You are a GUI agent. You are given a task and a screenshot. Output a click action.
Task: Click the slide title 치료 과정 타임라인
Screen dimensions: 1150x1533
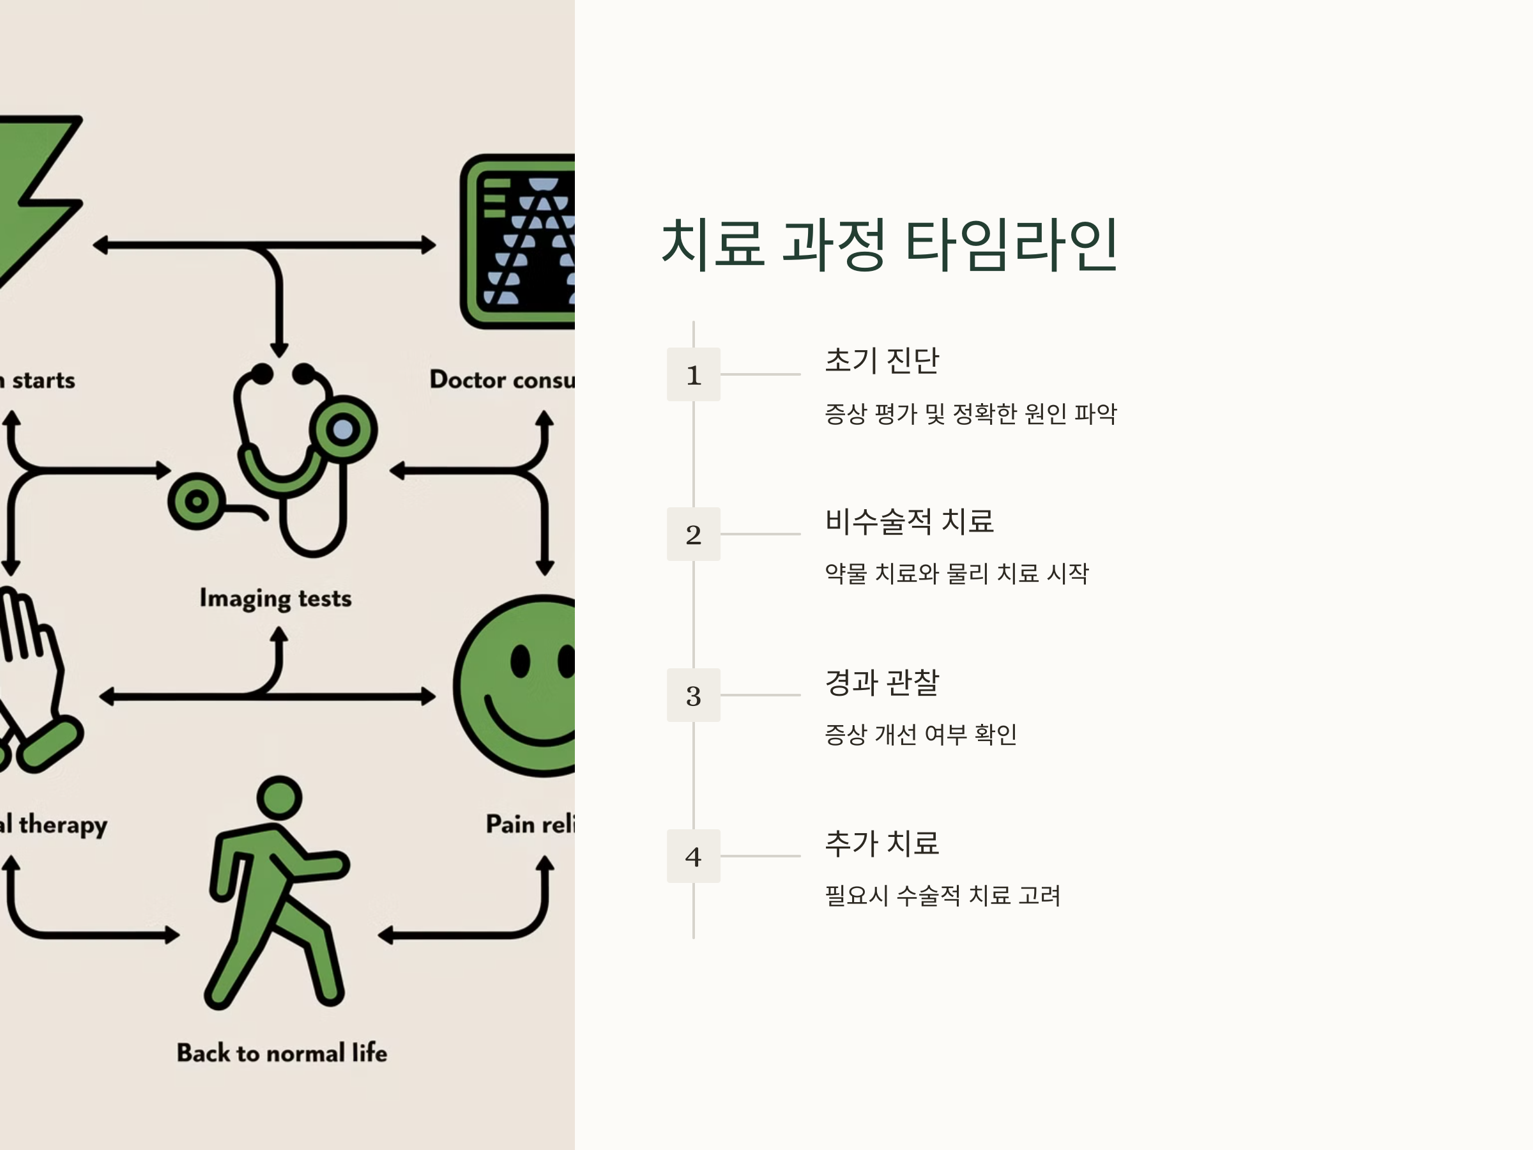[889, 244]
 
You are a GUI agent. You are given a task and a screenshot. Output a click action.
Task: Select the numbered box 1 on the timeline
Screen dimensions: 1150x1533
[693, 374]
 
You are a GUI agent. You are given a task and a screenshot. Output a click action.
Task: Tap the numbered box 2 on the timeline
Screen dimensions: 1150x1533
[693, 535]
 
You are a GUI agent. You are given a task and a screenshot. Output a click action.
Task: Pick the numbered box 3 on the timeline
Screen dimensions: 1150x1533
[693, 695]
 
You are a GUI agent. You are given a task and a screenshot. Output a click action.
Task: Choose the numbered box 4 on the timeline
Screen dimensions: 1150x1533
[693, 856]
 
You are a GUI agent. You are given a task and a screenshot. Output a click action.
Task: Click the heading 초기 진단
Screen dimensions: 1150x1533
[881, 360]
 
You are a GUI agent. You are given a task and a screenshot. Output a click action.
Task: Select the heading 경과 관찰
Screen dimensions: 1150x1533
[881, 682]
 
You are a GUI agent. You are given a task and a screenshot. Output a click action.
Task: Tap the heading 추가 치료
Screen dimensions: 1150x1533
[881, 843]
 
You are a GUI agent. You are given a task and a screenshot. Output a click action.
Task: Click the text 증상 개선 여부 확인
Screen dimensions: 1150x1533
[920, 734]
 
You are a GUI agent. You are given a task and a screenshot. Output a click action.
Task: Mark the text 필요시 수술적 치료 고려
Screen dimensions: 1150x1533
[942, 896]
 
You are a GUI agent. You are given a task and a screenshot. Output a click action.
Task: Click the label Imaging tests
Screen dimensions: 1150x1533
[275, 598]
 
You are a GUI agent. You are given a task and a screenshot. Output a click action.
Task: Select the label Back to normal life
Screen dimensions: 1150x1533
[282, 1053]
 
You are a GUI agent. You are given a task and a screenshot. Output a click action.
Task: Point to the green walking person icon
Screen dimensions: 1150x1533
[277, 901]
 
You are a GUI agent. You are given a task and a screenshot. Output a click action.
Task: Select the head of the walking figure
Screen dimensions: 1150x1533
[279, 798]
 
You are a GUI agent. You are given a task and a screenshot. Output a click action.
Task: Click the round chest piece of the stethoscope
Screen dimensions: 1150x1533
[343, 430]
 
